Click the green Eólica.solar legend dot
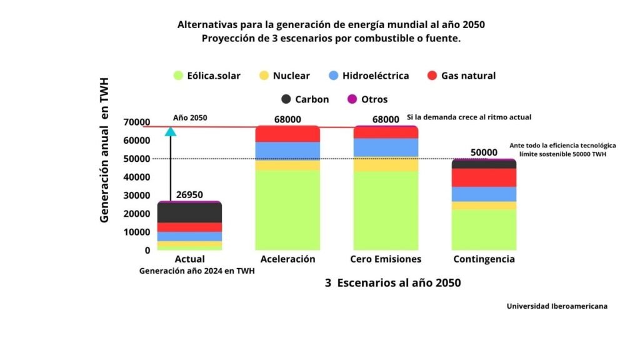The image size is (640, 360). tap(179, 76)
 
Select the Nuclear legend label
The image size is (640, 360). tap(292, 76)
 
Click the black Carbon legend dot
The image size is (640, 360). tap(287, 99)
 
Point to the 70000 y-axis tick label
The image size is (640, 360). tap(137, 122)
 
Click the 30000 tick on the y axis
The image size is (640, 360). tap(137, 195)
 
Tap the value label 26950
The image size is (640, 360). tap(189, 195)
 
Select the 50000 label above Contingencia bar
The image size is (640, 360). tap(484, 152)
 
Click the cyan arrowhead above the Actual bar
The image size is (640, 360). tap(171, 131)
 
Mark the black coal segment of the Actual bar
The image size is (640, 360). tap(189, 212)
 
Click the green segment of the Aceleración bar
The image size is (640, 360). tap(287, 209)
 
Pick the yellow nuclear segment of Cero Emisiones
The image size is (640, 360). tap(386, 164)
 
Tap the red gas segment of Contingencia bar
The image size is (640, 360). tap(484, 177)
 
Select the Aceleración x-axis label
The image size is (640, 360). tap(287, 259)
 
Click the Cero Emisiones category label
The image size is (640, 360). tap(386, 259)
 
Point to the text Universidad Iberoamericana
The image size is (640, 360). tap(557, 306)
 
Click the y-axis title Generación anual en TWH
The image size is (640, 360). tap(105, 150)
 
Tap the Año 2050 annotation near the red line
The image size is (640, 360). tap(190, 117)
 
